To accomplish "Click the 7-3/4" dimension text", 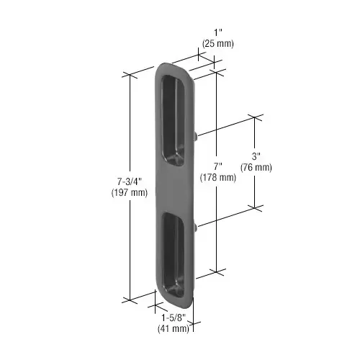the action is [130, 181].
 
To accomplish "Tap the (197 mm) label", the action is [130, 193].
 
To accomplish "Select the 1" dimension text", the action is [218, 32].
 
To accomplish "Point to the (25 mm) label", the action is [218, 44].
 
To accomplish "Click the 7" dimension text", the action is [218, 166].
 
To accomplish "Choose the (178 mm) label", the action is [218, 177].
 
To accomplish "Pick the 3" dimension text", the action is [256, 156].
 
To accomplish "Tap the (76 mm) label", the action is [256, 168].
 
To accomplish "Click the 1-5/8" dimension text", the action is [174, 318].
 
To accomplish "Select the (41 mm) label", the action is [174, 328].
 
